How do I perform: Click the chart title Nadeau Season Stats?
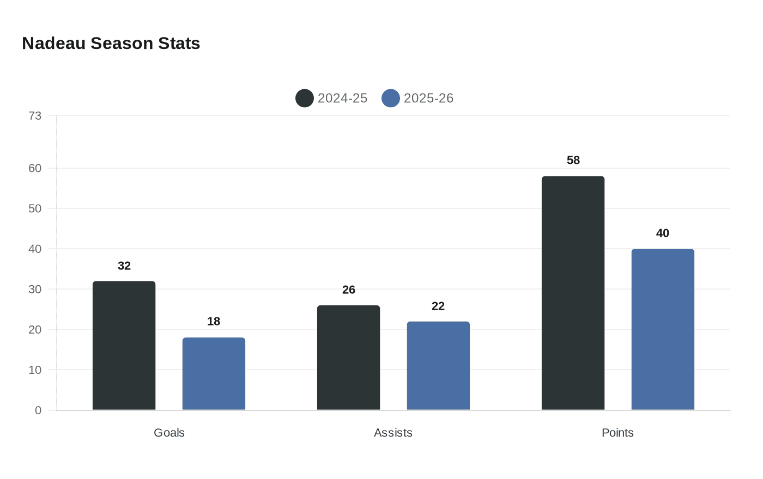point(111,43)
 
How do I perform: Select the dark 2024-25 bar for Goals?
point(124,346)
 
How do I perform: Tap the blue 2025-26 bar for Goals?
point(214,374)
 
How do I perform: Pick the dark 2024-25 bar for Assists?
point(349,358)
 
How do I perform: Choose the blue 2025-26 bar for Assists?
point(438,366)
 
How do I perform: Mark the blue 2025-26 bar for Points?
point(663,329)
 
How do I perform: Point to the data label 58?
point(573,160)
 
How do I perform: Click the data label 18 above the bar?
point(214,321)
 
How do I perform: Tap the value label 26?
point(349,290)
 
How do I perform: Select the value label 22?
point(438,306)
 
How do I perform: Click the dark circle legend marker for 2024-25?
point(305,98)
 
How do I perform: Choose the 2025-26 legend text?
point(428,98)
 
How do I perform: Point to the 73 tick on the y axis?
point(35,115)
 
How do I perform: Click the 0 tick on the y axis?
point(38,410)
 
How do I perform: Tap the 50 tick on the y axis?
point(35,208)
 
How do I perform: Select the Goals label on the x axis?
point(169,433)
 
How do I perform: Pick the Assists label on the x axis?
point(393,433)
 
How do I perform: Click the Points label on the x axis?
point(617,433)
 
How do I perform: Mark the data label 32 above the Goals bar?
point(124,266)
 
